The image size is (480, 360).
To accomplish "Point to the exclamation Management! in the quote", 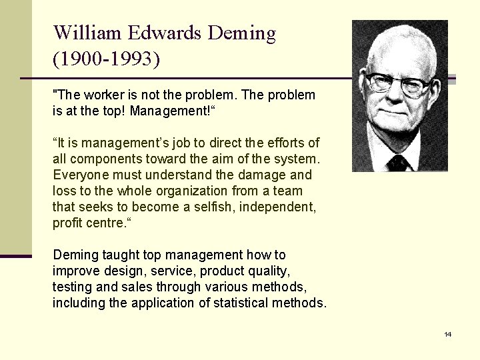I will click(171, 111).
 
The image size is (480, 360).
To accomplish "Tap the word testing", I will click(73, 287).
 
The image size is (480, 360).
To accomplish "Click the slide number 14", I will click(447, 334).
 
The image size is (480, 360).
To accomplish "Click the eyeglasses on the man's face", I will click(398, 84).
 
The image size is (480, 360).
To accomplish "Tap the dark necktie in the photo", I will click(399, 163).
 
